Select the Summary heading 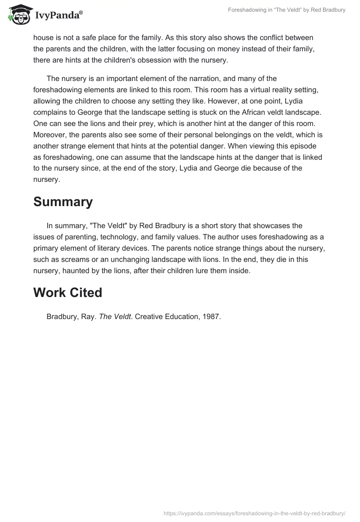[x=63, y=202]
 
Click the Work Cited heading [x=67, y=292]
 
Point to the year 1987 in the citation [x=212, y=317]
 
